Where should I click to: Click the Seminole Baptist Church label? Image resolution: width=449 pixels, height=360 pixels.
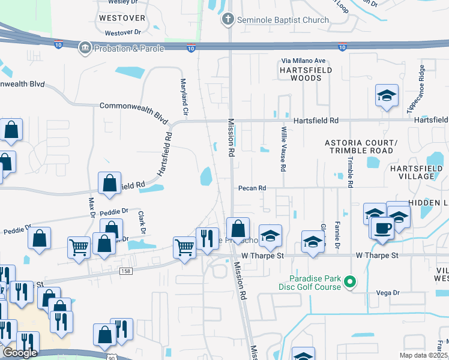pyautogui.click(x=283, y=20)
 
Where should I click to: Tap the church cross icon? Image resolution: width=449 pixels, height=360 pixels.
pyautogui.click(x=228, y=20)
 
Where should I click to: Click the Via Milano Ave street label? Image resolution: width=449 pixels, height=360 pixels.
pyautogui.click(x=304, y=61)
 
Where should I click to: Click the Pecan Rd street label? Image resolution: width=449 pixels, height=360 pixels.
pyautogui.click(x=252, y=188)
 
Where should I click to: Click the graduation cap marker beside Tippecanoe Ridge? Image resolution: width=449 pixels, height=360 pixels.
pyautogui.click(x=387, y=95)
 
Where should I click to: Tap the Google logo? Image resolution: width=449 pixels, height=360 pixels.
pyautogui.click(x=20, y=352)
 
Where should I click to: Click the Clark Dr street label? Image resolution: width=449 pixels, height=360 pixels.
pyautogui.click(x=142, y=222)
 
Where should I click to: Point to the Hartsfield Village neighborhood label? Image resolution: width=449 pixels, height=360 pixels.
pyautogui.click(x=420, y=172)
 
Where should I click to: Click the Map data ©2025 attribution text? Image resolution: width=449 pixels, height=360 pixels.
pyautogui.click(x=423, y=355)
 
